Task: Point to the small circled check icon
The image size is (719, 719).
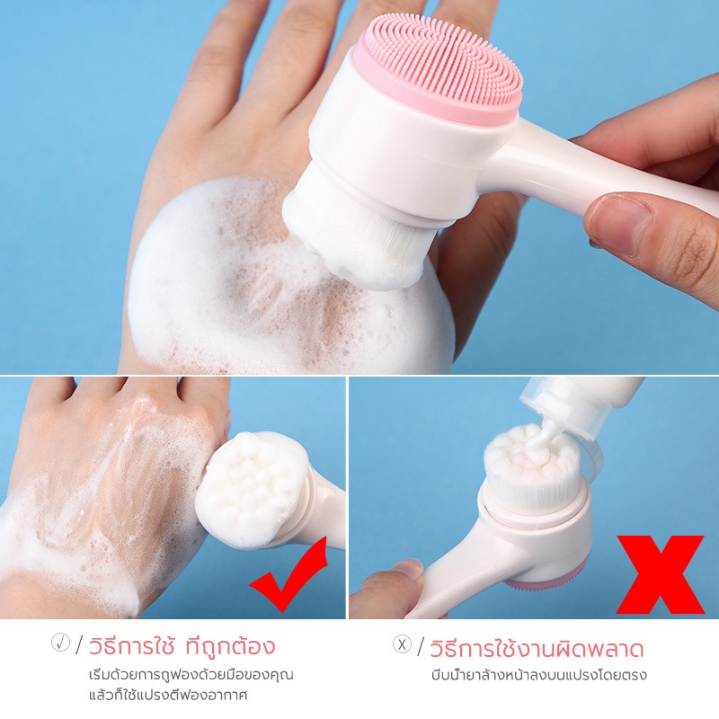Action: [x=60, y=642]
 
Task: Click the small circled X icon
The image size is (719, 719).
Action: [x=402, y=644]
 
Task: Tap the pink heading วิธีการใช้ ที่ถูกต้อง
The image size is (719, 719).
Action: [x=182, y=645]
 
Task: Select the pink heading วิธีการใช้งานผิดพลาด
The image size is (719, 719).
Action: [x=537, y=648]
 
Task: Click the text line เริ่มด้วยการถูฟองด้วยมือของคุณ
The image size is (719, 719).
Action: [x=191, y=676]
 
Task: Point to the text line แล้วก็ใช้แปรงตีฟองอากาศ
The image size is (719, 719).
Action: [x=168, y=695]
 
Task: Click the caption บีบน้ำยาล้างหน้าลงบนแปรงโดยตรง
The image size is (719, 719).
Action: [x=538, y=675]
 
